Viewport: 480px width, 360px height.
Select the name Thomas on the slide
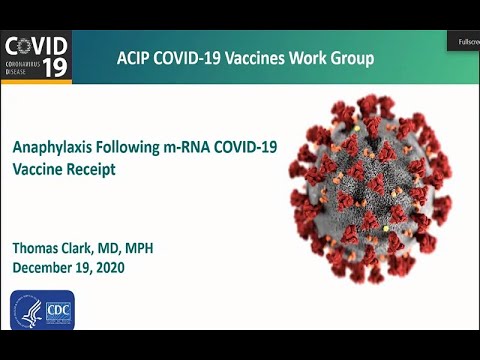click(x=39, y=248)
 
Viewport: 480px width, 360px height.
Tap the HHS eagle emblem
click(x=26, y=310)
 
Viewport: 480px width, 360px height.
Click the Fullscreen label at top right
click(x=467, y=43)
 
